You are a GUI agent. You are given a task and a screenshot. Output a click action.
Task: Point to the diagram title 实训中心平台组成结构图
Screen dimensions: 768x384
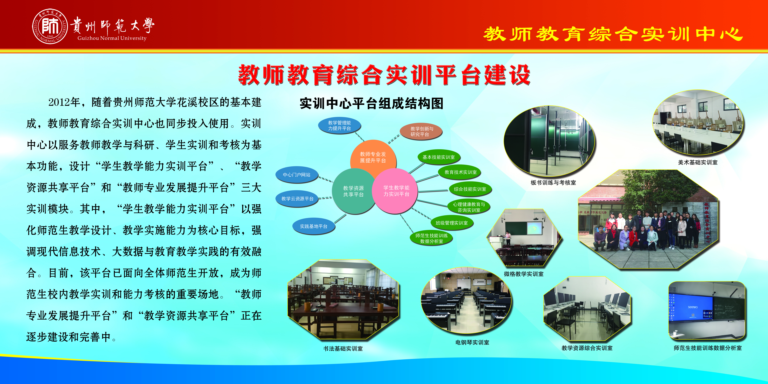pyautogui.click(x=372, y=103)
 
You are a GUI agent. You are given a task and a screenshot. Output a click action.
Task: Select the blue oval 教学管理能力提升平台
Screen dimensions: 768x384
pyautogui.click(x=340, y=126)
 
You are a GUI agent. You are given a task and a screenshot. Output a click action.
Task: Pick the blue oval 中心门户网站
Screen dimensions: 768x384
pyautogui.click(x=297, y=175)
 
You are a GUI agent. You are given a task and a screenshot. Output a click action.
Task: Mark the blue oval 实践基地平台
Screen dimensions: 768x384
pyautogui.click(x=314, y=226)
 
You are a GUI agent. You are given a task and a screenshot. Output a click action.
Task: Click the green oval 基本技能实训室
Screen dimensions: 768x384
pyautogui.click(x=439, y=157)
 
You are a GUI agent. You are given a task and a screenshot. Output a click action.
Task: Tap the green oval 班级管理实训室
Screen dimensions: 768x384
pyautogui.click(x=452, y=223)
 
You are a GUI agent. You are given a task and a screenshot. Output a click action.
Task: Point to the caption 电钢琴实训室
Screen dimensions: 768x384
pyautogui.click(x=472, y=343)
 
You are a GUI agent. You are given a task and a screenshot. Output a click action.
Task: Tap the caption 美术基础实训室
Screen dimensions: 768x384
pyautogui.click(x=698, y=162)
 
